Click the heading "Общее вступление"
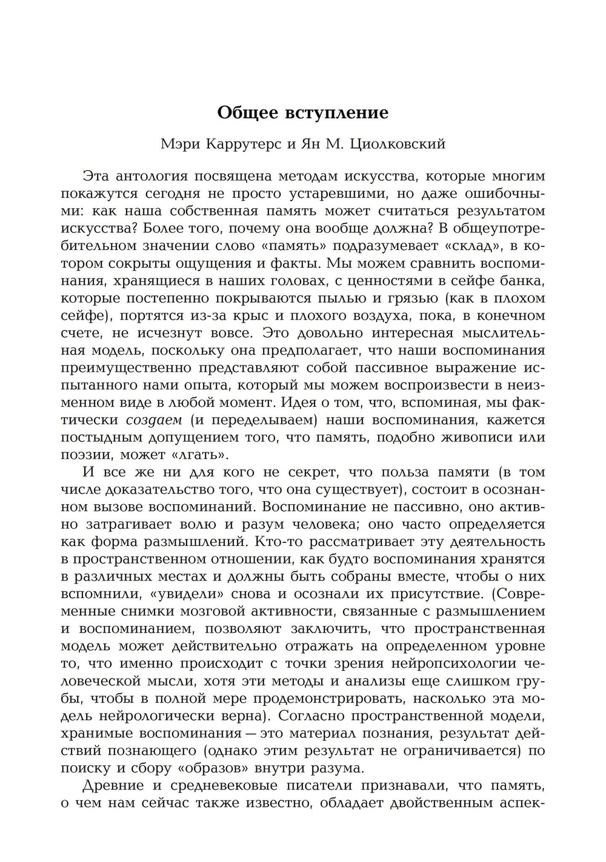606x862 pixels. [302, 113]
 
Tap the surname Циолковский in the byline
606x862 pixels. [402, 144]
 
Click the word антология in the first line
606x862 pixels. [153, 176]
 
